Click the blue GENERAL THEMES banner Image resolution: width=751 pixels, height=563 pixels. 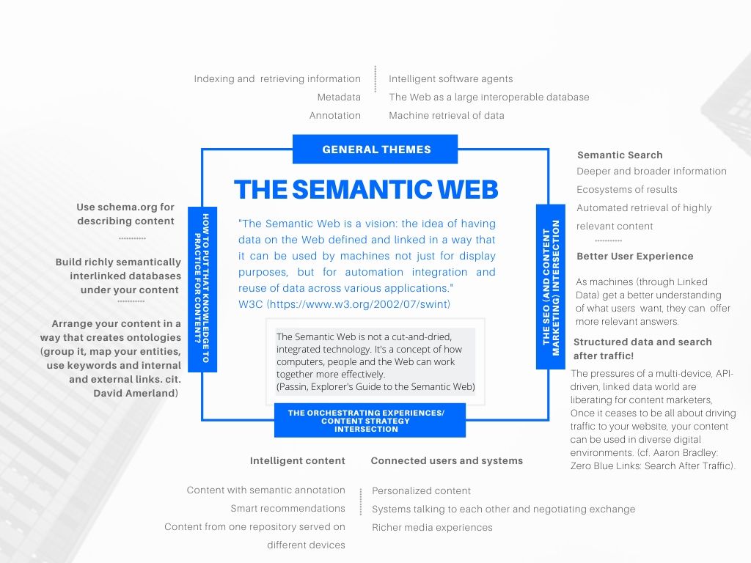375,150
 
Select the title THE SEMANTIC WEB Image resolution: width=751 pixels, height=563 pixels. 366,190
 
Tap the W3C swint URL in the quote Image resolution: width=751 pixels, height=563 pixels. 359,303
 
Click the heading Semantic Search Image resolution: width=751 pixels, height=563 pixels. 620,155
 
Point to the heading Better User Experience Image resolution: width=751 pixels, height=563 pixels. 634,256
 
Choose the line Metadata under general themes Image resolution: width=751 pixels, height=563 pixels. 339,97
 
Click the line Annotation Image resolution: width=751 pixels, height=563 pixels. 334,115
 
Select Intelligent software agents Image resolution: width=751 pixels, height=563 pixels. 450,78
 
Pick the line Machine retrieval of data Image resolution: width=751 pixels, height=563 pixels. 446,115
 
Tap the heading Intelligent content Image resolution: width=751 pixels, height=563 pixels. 297,460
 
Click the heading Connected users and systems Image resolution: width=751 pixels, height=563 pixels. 447,460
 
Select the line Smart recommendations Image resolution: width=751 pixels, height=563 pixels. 287,508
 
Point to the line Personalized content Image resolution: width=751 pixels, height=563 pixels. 421,490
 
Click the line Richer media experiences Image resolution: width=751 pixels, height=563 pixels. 432,527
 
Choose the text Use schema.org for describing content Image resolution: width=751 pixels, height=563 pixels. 125,214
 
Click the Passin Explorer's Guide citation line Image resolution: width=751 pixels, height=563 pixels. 375,386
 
